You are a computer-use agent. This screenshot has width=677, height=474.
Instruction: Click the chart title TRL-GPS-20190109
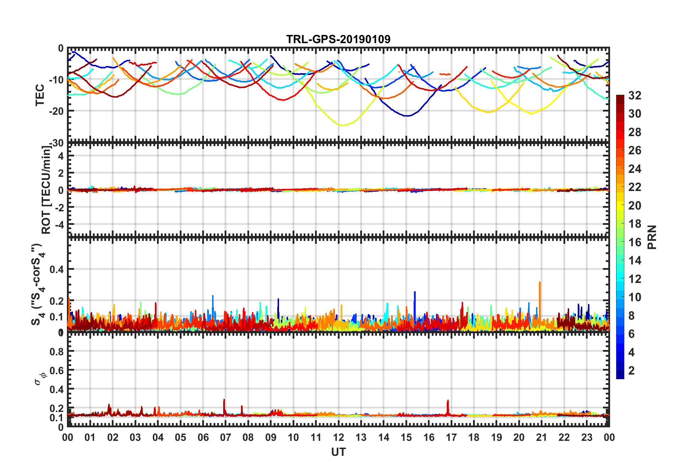pos(338,39)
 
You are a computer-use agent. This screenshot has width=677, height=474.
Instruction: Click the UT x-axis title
pos(338,452)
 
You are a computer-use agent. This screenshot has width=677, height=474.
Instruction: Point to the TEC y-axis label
pos(40,95)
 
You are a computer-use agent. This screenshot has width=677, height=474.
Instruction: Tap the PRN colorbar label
pos(652,237)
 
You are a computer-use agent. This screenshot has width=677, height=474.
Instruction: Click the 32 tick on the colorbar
pos(635,96)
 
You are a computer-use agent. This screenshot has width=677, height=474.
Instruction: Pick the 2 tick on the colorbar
pos(631,371)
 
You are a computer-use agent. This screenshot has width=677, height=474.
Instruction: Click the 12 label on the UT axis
pos(338,437)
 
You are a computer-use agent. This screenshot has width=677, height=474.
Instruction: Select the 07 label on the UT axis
pos(225,437)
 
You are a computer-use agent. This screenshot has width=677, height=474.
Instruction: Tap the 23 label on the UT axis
pos(587,437)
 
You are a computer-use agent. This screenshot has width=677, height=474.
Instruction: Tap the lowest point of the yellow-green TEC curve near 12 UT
pos(342,125)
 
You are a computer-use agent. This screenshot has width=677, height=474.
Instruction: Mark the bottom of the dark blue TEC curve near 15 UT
pos(408,116)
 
